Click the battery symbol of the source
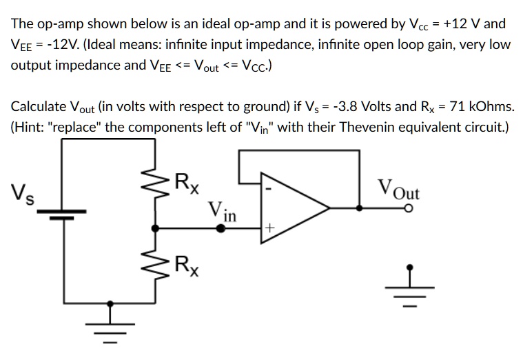click(65, 214)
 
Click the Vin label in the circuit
click(222, 212)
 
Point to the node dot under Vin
click(221, 227)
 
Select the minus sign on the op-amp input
click(271, 186)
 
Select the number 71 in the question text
click(456, 107)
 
